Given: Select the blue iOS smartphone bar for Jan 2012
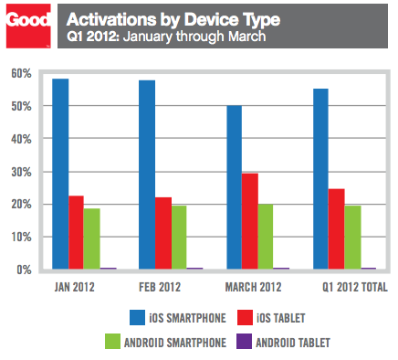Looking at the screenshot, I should pos(60,175).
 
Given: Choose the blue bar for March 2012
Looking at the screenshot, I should pos(234,187).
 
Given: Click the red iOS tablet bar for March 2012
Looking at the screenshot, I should pos(249,221).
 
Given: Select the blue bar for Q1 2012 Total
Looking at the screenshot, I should pos(320,179).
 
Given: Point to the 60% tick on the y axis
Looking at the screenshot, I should pos(21,73).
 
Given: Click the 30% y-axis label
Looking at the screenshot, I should pos(21,172).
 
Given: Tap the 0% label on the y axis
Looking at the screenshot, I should pos(24,270).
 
